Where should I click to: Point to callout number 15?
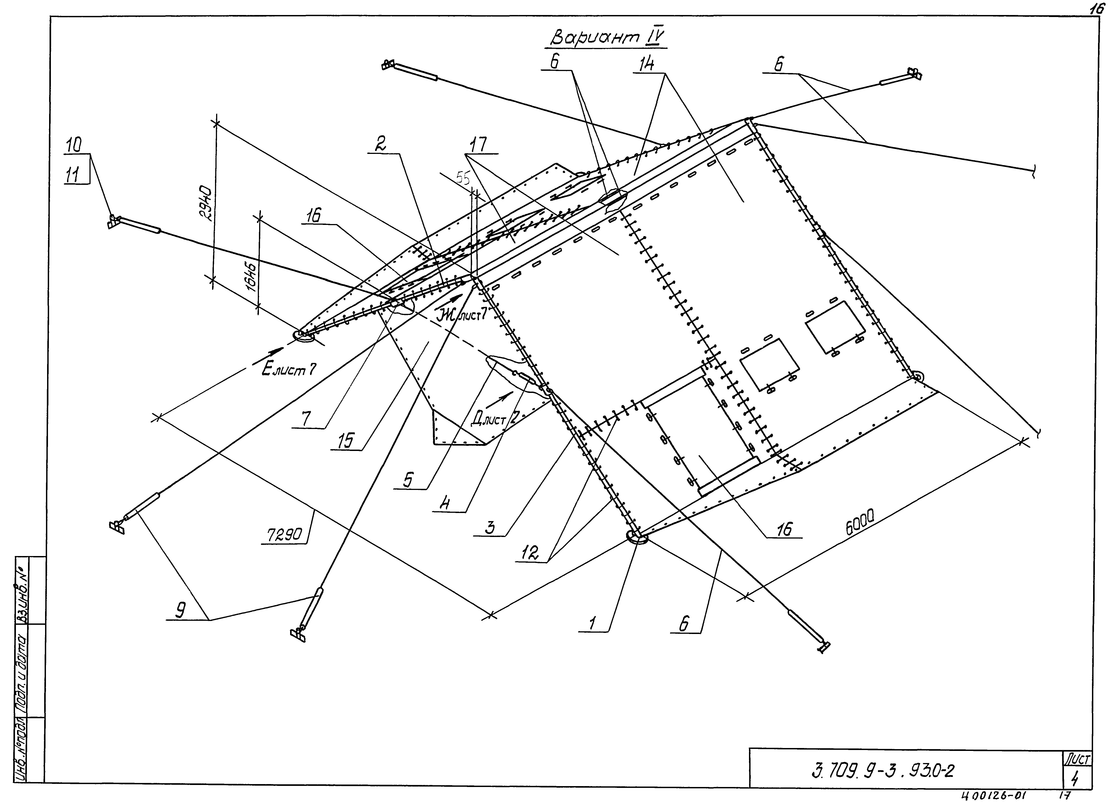[345, 441]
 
